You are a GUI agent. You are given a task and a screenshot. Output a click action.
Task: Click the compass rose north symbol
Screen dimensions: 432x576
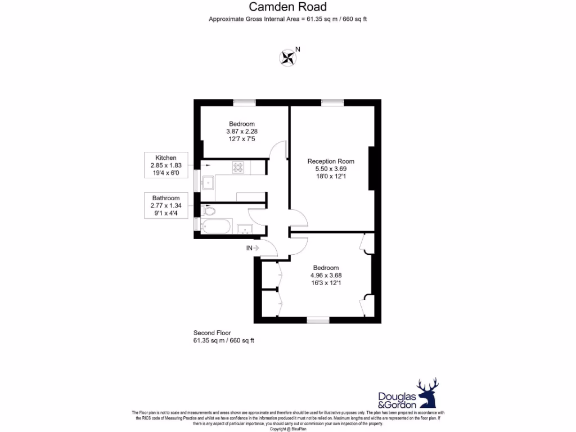point(288,57)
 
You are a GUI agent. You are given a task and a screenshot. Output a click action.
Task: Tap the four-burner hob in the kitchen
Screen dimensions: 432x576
point(238,167)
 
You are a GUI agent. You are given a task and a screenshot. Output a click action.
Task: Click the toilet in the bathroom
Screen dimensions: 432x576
point(208,211)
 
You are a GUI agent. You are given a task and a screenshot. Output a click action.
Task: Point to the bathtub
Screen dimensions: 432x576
point(214,227)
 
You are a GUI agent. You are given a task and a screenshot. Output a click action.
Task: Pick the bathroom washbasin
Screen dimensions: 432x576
point(244,228)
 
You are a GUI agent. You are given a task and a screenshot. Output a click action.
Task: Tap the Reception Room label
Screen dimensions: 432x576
point(331,161)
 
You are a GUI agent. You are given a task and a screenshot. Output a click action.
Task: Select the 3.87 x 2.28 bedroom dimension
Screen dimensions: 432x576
point(241,131)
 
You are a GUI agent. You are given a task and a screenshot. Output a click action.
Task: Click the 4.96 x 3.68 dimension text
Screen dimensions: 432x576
point(326,275)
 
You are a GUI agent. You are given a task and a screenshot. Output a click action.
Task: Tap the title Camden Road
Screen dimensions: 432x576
point(287,7)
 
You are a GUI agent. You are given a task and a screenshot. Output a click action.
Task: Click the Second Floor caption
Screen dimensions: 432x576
point(212,333)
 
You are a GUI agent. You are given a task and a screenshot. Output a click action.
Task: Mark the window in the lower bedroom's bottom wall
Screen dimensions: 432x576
point(318,321)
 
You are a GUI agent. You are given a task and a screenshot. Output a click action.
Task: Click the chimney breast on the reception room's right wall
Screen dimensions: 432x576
point(371,168)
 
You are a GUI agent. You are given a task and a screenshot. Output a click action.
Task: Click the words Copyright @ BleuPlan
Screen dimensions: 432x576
point(287,429)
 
